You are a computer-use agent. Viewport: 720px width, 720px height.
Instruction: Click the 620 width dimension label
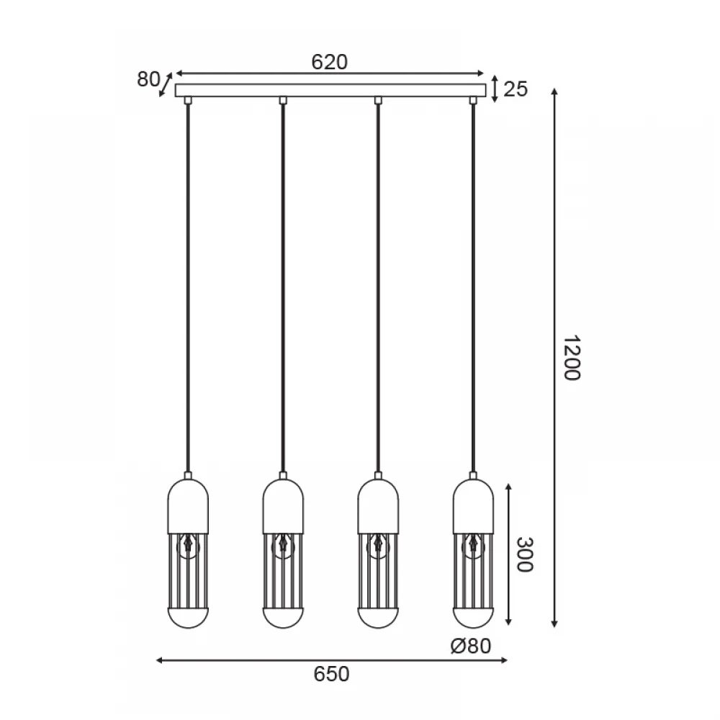(329, 62)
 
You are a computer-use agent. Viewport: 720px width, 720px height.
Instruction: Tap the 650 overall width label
(331, 674)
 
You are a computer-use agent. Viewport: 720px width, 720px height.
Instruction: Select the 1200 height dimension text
(572, 358)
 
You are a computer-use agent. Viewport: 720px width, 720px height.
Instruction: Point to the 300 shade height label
(524, 554)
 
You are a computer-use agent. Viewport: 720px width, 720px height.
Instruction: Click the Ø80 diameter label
(471, 646)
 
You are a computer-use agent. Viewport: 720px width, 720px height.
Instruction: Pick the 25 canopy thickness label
(516, 89)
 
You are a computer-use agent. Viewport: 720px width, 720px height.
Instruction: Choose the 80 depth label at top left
(148, 79)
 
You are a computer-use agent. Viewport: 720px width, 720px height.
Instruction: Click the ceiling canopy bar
(330, 90)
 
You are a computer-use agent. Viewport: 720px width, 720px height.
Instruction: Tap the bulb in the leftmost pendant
(188, 546)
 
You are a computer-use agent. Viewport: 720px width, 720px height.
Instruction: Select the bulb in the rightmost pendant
(473, 546)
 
